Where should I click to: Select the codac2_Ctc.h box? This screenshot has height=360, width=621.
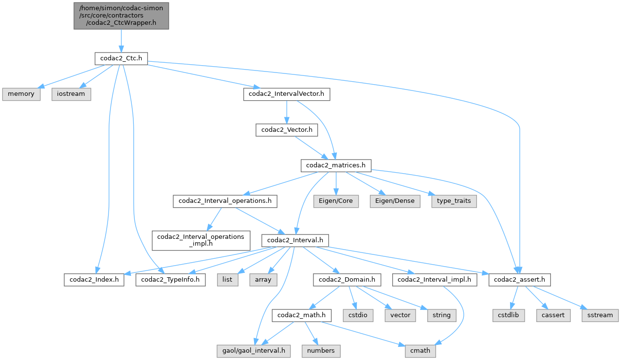(121, 58)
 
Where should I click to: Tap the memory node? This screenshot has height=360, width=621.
(21, 94)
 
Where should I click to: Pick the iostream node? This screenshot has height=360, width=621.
(71, 94)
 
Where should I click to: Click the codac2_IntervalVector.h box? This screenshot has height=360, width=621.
(287, 94)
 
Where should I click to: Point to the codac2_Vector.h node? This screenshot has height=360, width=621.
(287, 130)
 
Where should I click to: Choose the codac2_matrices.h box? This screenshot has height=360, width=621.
(336, 165)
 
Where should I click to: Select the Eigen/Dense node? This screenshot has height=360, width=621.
(395, 201)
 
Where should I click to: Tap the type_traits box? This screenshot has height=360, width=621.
(454, 201)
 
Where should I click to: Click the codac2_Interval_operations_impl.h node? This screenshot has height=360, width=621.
(201, 240)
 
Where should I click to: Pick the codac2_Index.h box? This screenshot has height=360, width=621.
(93, 280)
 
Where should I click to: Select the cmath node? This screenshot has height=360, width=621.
(420, 350)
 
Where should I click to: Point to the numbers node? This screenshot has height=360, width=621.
(321, 350)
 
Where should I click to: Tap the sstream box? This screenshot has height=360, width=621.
(600, 315)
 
